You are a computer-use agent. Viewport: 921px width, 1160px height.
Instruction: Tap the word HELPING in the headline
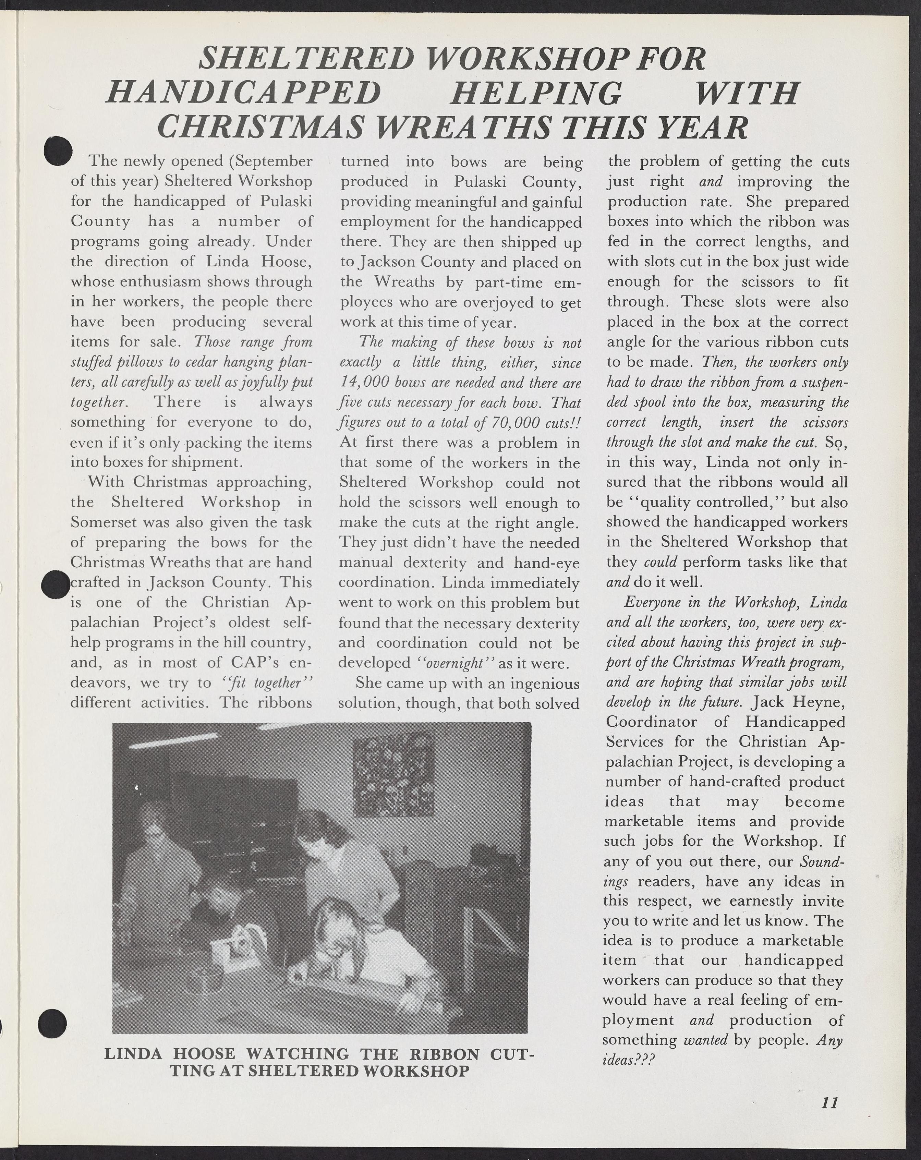[x=535, y=93]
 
